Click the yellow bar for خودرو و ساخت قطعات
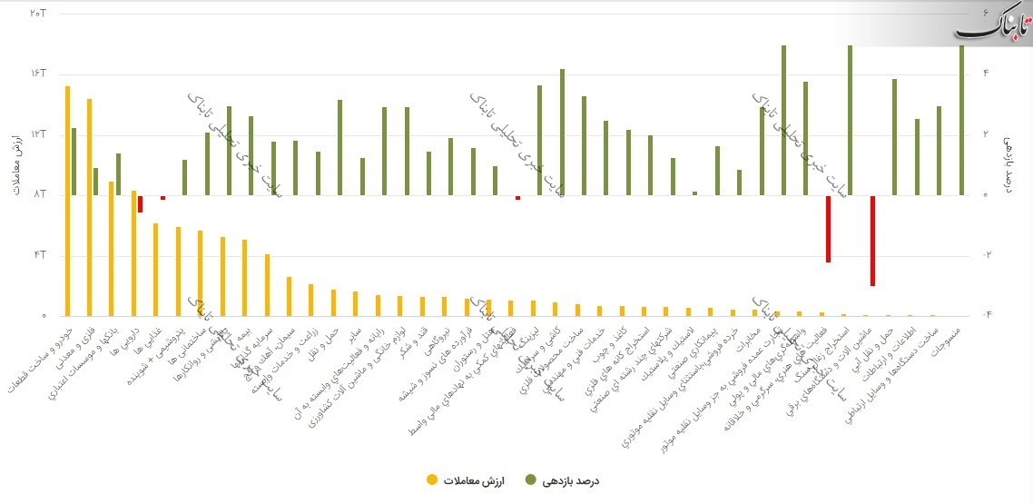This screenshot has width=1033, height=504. [x=67, y=201]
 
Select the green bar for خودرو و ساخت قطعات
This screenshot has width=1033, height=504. [x=74, y=162]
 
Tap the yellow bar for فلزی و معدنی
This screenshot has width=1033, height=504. [x=89, y=207]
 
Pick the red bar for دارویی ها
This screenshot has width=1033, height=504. [x=140, y=203]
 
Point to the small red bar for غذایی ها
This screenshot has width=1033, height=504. [x=162, y=197]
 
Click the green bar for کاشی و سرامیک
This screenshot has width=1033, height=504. [x=562, y=132]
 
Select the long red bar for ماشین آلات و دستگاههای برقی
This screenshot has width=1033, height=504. [x=871, y=241]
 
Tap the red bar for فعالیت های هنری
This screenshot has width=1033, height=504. [x=828, y=229]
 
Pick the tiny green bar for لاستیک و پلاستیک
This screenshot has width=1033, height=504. [x=694, y=193]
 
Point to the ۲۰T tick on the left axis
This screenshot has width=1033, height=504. [x=37, y=14]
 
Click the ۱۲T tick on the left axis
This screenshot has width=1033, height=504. [x=37, y=134]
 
